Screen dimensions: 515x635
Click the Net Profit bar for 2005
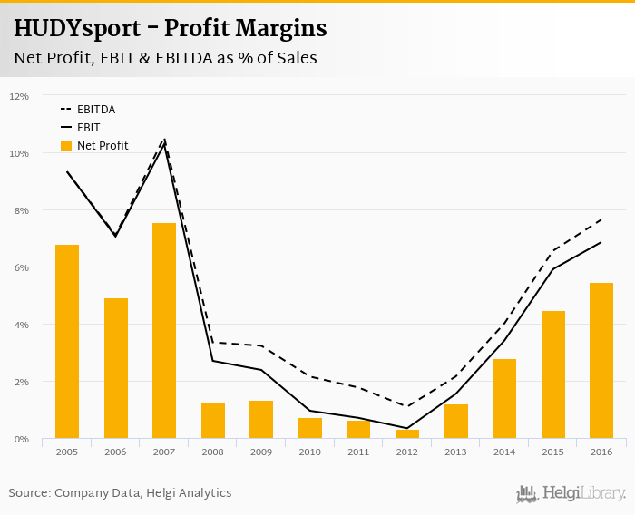(x=67, y=342)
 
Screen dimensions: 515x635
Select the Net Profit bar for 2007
(x=164, y=331)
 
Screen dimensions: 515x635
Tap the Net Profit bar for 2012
(x=407, y=434)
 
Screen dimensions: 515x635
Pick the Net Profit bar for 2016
(x=601, y=361)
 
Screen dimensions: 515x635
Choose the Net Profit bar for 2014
(x=504, y=399)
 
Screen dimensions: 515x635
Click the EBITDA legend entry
(x=95, y=110)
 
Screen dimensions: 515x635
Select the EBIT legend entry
(x=88, y=128)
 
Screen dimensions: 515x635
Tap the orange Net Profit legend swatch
(x=66, y=146)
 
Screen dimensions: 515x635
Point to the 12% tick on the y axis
(x=19, y=96)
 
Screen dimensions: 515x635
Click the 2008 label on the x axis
(x=213, y=452)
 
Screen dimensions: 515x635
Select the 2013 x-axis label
(x=455, y=452)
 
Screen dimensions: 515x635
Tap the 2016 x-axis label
(x=601, y=452)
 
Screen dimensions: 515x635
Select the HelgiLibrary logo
(x=571, y=494)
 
